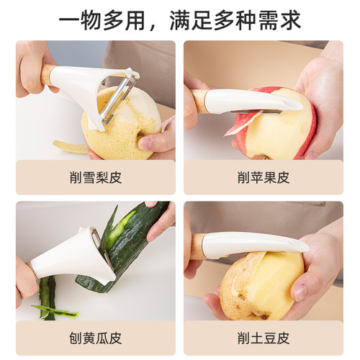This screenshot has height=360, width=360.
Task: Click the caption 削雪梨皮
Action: pos(95,178)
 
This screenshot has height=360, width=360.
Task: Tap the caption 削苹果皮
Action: pos(263,178)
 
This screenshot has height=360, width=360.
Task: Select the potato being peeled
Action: pos(259,284)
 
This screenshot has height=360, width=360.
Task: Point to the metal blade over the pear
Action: pos(115,101)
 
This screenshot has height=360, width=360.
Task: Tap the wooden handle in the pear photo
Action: pos(48,73)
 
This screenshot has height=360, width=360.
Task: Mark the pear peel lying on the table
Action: pos(70,147)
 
